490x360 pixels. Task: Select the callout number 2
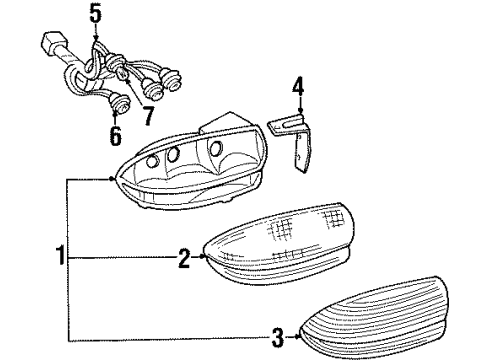[x=184, y=259]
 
